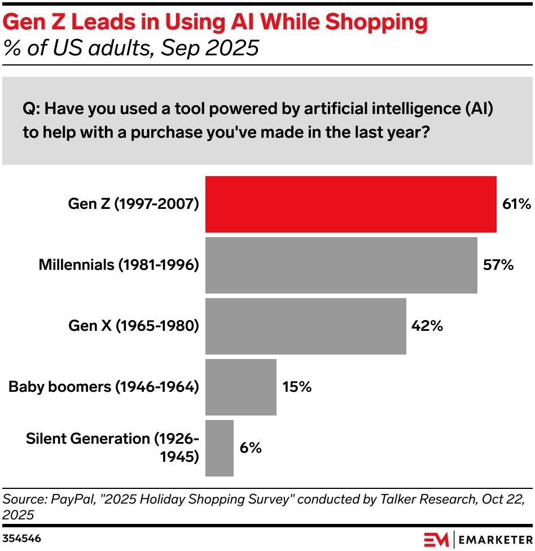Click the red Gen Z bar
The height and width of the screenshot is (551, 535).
(350, 204)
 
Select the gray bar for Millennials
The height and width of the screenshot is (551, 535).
(341, 265)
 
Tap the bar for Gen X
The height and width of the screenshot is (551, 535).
(305, 326)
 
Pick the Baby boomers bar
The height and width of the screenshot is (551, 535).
(240, 387)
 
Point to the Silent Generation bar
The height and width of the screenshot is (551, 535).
(219, 448)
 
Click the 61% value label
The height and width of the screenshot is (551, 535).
(516, 204)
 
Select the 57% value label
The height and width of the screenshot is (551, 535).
(498, 265)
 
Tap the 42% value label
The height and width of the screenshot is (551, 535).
(427, 326)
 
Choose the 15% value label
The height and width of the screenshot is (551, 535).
(297, 387)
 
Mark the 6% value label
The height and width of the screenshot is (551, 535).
(250, 448)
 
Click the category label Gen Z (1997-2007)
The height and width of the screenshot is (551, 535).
(134, 204)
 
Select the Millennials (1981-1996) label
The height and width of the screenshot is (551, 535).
(119, 265)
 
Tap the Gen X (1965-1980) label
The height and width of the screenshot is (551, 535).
(134, 326)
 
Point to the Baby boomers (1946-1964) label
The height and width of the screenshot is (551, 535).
(104, 387)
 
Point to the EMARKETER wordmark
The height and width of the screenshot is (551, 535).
(494, 539)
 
